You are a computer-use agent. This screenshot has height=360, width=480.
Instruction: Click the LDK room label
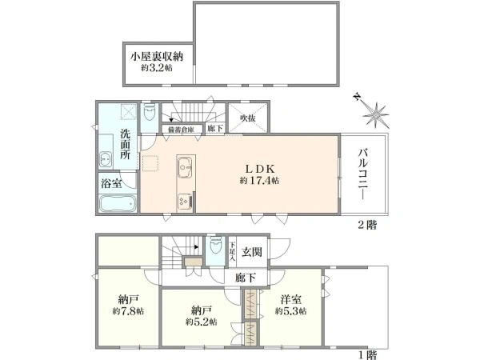[260, 168]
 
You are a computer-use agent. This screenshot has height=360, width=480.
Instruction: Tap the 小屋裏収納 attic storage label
[157, 57]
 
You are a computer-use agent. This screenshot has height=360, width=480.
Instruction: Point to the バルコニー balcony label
[363, 174]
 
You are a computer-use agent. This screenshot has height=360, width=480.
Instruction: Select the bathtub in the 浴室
[118, 203]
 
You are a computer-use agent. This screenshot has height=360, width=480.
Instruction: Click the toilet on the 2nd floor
[150, 112]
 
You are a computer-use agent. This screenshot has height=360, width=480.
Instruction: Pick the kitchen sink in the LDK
[186, 167]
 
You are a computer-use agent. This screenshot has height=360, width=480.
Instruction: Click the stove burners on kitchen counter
[185, 201]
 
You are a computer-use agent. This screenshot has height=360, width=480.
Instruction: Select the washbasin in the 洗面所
[106, 158]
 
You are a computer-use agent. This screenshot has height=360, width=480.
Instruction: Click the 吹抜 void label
[248, 118]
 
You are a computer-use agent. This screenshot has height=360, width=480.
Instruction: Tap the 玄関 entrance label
[252, 252]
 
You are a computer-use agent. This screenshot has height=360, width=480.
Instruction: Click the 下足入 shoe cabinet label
[232, 251]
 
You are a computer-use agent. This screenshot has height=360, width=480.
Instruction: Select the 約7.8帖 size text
[128, 311]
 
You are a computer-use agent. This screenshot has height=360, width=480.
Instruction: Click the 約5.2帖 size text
[201, 322]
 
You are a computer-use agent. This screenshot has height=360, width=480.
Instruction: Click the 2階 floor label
[367, 225]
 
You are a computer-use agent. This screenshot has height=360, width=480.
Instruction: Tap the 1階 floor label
[367, 355]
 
